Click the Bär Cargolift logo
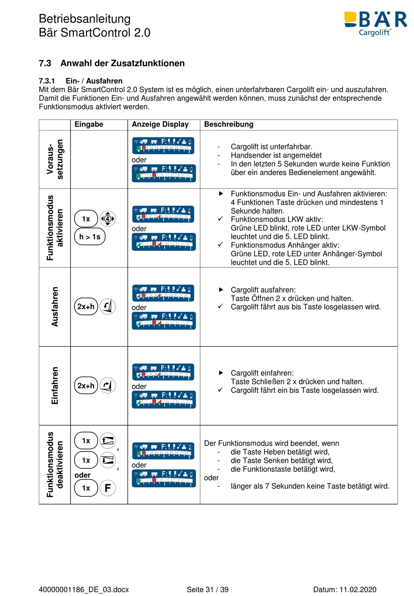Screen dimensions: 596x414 click(376, 23)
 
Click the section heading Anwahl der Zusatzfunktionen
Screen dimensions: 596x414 click(122, 63)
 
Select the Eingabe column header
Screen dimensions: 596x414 click(89, 125)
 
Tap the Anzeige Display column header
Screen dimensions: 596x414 click(160, 125)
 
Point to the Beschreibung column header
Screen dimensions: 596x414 click(228, 125)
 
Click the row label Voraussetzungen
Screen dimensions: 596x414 click(55, 159)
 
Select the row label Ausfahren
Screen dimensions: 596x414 click(55, 306)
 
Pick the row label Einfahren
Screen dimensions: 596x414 click(55, 385)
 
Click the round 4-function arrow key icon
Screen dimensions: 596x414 click(108, 219)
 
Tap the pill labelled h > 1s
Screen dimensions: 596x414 click(90, 237)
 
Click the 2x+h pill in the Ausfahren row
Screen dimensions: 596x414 click(86, 306)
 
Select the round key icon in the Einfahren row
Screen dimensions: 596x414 click(108, 385)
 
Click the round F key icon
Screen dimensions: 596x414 click(108, 488)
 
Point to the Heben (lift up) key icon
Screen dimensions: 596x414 click(108, 441)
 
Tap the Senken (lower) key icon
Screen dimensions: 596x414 click(108, 460)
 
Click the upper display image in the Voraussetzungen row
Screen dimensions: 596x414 click(163, 146)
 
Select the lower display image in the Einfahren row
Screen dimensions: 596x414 click(163, 399)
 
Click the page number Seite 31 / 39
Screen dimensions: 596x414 click(207, 589)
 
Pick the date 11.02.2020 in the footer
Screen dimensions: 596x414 click(358, 589)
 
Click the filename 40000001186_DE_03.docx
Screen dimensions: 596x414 click(84, 589)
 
